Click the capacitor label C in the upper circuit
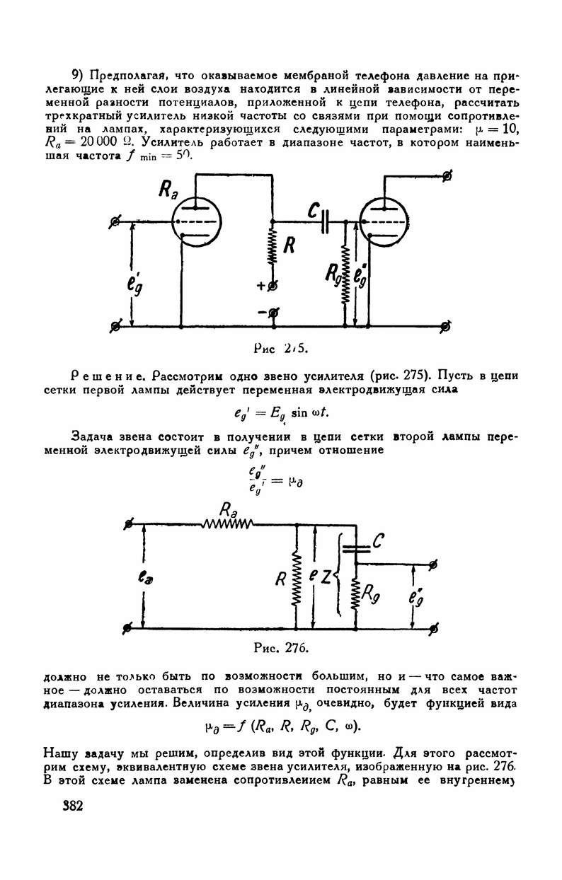[x=312, y=209]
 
